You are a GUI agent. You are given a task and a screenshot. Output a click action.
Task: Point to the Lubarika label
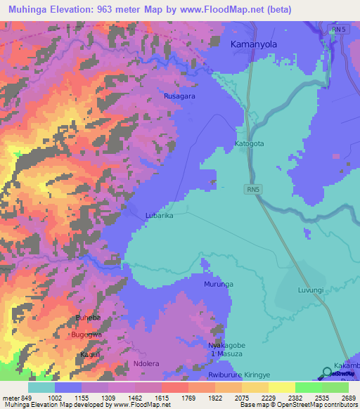[159, 216]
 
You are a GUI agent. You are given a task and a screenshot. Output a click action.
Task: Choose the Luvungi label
[310, 290]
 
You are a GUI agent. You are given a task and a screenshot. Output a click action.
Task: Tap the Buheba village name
[89, 318]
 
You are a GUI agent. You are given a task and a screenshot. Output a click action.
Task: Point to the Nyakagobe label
[226, 346]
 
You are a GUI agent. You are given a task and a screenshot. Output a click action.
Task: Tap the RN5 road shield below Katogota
[253, 189]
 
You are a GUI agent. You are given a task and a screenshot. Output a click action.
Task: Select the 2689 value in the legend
[349, 397]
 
